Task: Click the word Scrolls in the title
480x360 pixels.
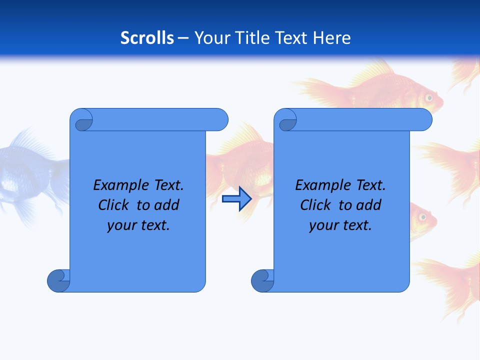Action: [147, 37]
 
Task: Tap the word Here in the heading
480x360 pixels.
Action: [331, 37]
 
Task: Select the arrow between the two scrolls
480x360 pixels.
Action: [236, 199]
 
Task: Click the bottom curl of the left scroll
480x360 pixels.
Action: [58, 280]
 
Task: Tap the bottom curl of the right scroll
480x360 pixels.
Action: [262, 280]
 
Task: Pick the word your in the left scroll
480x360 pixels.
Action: [120, 225]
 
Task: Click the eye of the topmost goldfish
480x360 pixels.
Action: [428, 97]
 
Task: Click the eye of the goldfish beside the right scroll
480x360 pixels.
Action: [422, 216]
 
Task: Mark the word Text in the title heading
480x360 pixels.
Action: [290, 37]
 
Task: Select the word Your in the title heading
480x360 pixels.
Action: [210, 37]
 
